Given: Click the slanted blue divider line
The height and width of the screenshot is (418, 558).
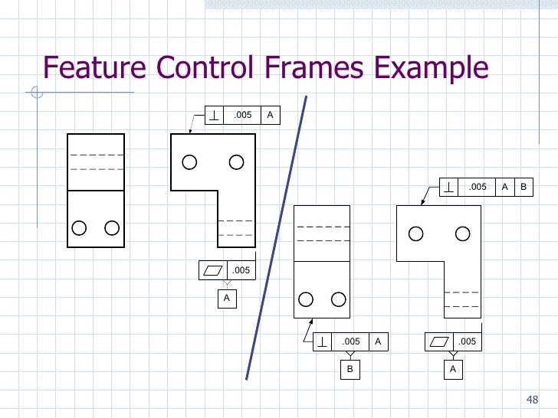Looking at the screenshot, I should (x=277, y=237).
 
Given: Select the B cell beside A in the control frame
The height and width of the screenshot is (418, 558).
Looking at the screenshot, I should (x=524, y=187).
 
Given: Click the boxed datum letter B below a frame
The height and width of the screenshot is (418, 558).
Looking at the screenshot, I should (x=350, y=369).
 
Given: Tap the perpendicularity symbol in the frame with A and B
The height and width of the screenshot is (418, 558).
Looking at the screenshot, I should (x=448, y=187).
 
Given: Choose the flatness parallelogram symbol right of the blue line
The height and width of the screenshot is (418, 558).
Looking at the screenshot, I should (x=439, y=341).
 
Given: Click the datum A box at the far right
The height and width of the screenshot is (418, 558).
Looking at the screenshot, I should (x=453, y=369).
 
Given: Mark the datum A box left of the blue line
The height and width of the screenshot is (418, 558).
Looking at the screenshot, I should (x=227, y=298).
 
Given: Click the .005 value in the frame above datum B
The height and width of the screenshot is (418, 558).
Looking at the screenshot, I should (x=351, y=341).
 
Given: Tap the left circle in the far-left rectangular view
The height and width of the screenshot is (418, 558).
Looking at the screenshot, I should (x=78, y=227).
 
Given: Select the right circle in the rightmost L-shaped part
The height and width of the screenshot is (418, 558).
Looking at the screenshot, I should (x=462, y=233).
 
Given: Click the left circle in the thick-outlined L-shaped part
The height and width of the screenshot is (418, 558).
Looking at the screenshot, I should (x=189, y=162).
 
